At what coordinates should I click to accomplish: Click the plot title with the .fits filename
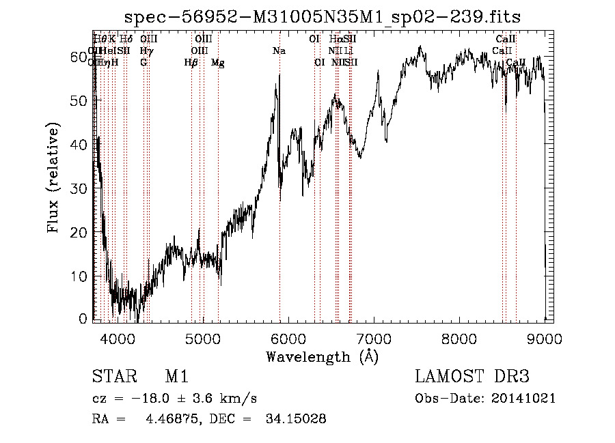click(323, 18)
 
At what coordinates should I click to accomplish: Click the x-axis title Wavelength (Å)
click(322, 356)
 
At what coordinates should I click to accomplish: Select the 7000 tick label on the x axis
click(374, 338)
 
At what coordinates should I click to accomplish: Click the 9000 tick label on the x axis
click(545, 338)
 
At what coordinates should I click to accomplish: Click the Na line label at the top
click(279, 51)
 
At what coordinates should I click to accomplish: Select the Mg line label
click(218, 63)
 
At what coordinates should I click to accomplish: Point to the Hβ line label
click(191, 63)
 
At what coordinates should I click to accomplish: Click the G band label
click(143, 63)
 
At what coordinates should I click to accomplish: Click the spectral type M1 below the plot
click(176, 377)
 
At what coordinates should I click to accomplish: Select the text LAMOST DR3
click(472, 377)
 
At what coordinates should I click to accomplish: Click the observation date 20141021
click(524, 399)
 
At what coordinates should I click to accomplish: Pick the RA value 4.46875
click(169, 419)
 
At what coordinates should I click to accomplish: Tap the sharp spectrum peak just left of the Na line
click(277, 74)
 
